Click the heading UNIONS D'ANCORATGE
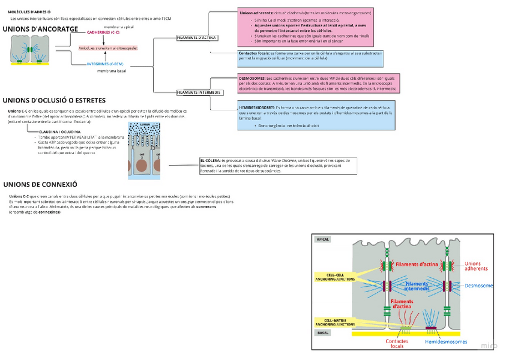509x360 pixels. coord(40,29)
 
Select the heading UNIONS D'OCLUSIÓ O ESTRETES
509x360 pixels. coord(55,100)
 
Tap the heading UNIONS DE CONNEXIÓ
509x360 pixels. coord(40,184)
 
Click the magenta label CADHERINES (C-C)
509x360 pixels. coord(103,32)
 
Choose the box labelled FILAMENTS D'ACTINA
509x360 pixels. coord(197,38)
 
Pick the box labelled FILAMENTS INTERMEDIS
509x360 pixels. coord(199,92)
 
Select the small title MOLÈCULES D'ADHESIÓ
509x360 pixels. coord(29,11)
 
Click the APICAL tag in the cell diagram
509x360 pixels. coord(323,239)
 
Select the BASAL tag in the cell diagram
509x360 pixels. coord(323,332)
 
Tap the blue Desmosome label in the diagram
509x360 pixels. coord(480,286)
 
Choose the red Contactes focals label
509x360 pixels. coord(397,344)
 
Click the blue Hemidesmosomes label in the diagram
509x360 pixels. coord(446,341)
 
